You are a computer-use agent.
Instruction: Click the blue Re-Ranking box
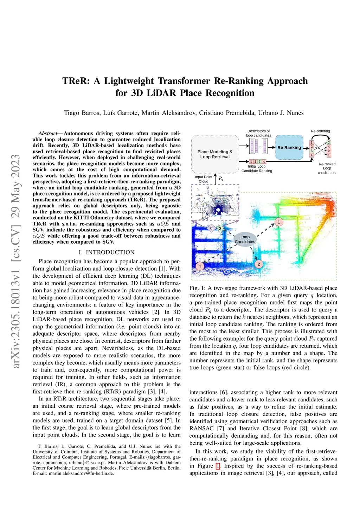[x=289, y=148]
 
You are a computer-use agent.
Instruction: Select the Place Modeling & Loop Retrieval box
[x=215, y=154]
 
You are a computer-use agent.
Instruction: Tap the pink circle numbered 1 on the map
[x=279, y=222]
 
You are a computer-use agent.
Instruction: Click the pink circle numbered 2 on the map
[x=259, y=264]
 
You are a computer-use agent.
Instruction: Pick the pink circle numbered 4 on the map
[x=200, y=266]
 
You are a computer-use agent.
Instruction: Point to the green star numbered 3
[x=220, y=228]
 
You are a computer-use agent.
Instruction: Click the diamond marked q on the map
[x=211, y=228]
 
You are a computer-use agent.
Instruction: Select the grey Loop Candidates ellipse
[x=245, y=239]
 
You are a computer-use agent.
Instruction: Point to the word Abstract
[x=48, y=134]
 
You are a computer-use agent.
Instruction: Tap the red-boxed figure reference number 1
[x=218, y=466]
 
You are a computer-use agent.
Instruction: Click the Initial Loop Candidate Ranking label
[x=257, y=169]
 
